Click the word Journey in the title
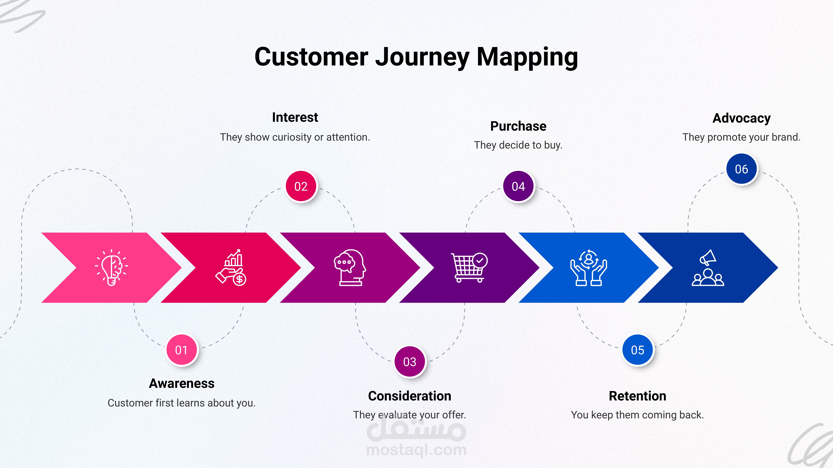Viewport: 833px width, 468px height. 422,57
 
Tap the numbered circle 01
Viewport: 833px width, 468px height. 181,350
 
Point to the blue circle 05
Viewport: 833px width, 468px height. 637,350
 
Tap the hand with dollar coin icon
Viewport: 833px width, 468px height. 231,267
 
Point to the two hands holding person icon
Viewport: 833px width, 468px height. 589,267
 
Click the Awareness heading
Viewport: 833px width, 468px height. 181,383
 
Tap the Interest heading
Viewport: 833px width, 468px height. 295,117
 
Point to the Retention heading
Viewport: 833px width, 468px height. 637,396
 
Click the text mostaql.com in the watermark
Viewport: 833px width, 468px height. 416,450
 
